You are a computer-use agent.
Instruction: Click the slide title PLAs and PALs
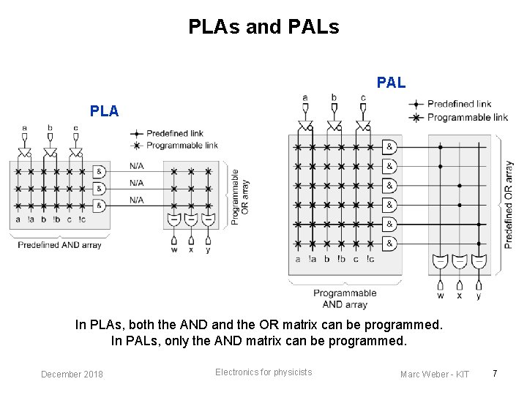[x=263, y=27]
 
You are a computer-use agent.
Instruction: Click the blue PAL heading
[x=391, y=83]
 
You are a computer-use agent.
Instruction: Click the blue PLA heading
[x=104, y=111]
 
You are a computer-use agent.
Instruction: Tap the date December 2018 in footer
[x=72, y=375]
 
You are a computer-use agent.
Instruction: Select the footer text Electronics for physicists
[x=263, y=372]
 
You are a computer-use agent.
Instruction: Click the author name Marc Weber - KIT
[x=435, y=375]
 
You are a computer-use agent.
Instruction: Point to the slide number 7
[x=495, y=374]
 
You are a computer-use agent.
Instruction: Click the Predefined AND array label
[x=60, y=244]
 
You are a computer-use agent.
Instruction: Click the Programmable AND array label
[x=345, y=298]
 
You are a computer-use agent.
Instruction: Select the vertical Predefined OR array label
[x=509, y=205]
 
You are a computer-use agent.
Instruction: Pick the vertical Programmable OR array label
[x=240, y=197]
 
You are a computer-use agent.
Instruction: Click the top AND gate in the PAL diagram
[x=390, y=147]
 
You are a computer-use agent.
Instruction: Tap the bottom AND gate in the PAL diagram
[x=390, y=243]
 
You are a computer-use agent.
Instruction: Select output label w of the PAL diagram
[x=440, y=296]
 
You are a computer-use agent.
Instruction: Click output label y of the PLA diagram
[x=208, y=249]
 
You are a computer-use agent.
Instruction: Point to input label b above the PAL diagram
[x=334, y=97]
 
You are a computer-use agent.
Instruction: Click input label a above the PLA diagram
[x=24, y=128]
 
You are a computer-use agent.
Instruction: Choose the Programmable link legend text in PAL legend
[x=467, y=117]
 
